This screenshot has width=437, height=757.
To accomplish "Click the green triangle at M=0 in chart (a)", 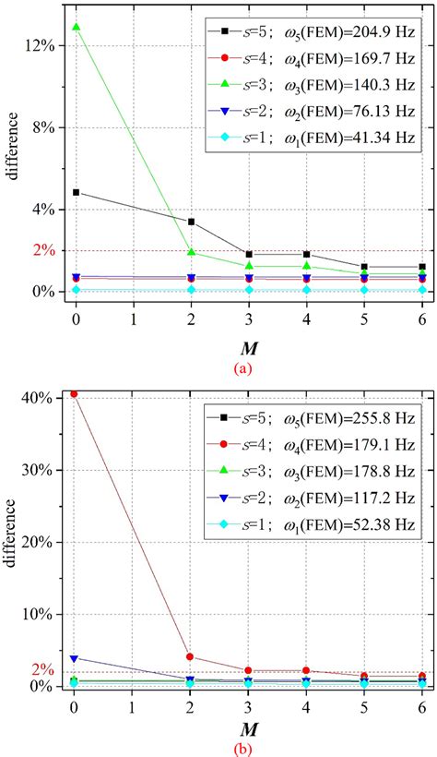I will pos(75,28).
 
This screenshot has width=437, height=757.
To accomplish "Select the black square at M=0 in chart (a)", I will pos(75,192).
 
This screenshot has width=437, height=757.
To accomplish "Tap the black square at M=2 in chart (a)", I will pos(191,222).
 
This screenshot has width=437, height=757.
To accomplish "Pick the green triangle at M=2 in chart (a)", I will pos(191,252).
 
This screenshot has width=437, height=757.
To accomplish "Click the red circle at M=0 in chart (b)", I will pos(74,394).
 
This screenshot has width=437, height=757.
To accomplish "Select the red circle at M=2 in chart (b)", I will pos(190,656).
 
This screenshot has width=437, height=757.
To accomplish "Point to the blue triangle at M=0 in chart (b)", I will pos(74,658).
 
